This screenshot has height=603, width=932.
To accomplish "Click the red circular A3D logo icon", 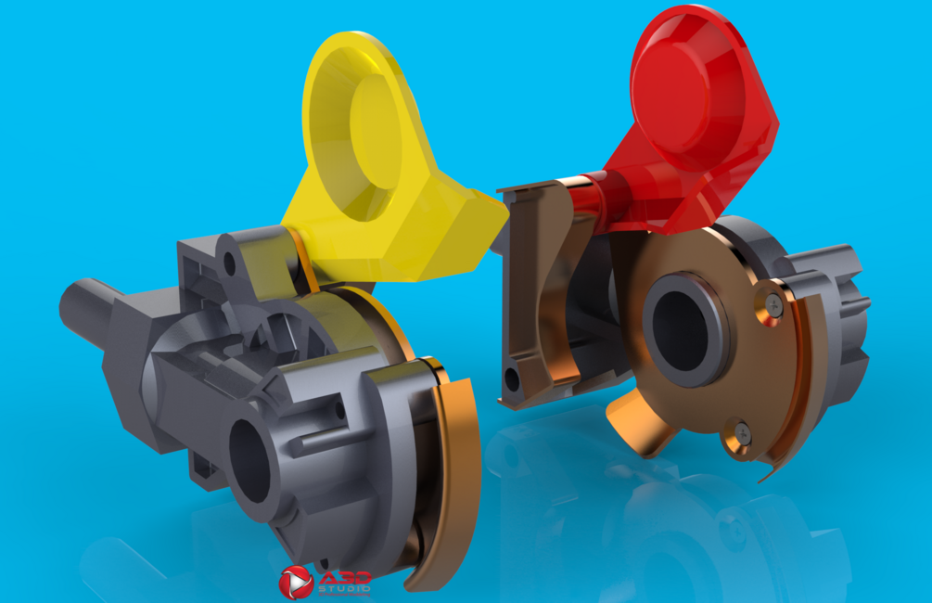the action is click(x=296, y=583).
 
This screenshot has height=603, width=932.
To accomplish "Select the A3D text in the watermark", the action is click(x=345, y=578).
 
